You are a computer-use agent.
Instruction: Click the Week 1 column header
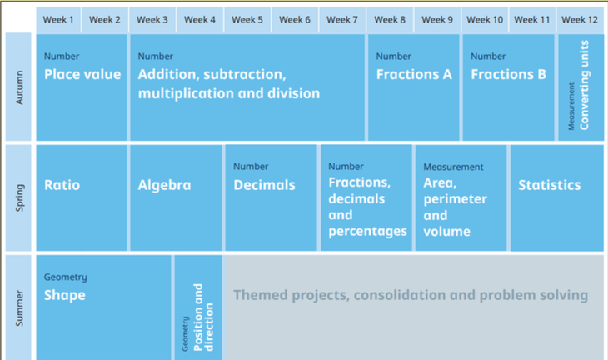[x=58, y=20]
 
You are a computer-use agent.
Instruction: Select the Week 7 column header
[x=342, y=20]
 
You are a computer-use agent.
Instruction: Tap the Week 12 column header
[x=580, y=20]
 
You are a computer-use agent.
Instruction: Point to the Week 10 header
[x=485, y=20]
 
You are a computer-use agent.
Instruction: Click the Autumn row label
[x=19, y=87]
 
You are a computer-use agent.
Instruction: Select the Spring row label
[x=19, y=197]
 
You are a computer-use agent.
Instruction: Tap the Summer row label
[x=19, y=308]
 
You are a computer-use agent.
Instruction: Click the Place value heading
[x=82, y=74]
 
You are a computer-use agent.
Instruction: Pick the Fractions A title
[x=414, y=74]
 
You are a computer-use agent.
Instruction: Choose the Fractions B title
[x=508, y=74]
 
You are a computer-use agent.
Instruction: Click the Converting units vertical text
[x=584, y=85]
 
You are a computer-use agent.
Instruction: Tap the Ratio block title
[x=62, y=185]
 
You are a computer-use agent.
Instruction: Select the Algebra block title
[x=164, y=185]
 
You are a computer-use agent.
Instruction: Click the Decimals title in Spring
[x=265, y=185]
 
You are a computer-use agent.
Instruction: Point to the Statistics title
[x=550, y=185]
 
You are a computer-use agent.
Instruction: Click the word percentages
[x=367, y=232]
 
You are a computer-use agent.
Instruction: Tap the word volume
[x=446, y=232]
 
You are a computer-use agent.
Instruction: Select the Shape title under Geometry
[x=65, y=295]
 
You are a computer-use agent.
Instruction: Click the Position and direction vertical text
[x=203, y=317]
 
